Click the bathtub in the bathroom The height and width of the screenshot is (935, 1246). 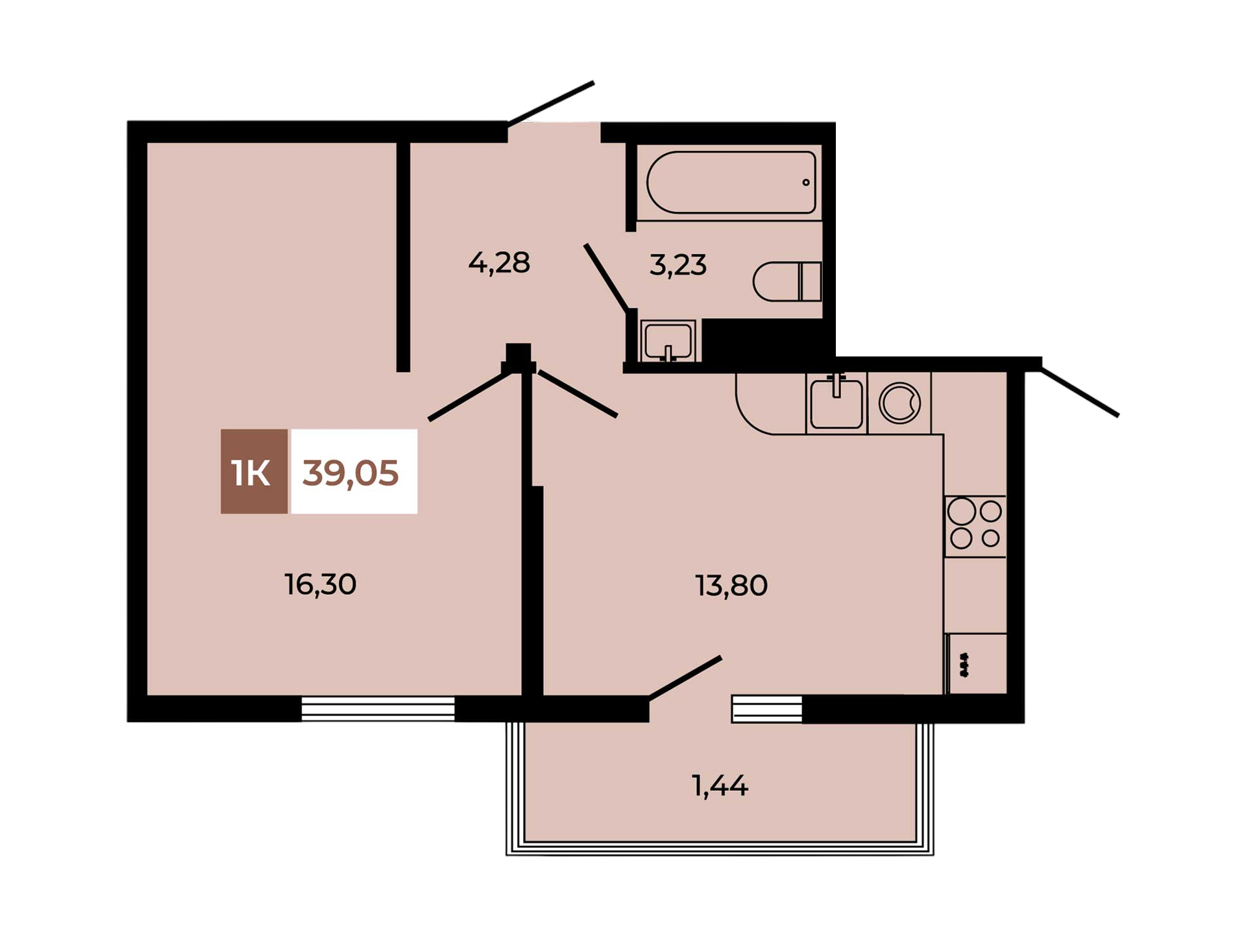tap(730, 182)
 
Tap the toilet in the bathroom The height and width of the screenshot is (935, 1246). tap(787, 281)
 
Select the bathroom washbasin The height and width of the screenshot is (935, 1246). tap(668, 340)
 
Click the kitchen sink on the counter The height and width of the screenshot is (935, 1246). tap(837, 403)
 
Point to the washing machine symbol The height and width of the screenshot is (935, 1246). tap(899, 403)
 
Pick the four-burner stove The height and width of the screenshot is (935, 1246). tap(975, 526)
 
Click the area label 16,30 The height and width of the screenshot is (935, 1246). tap(321, 585)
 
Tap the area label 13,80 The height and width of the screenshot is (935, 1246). tap(731, 586)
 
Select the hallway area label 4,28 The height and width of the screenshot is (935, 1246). tap(499, 263)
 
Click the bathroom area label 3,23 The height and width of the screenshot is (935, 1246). tap(678, 266)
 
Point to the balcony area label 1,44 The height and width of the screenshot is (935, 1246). tap(720, 786)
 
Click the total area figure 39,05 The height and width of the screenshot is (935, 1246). tap(350, 473)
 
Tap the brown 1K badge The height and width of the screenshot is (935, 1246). tap(254, 471)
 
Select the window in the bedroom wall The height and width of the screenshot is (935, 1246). tap(378, 708)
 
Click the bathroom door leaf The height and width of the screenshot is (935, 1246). tap(606, 277)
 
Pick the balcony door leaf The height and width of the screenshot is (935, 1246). tap(685, 678)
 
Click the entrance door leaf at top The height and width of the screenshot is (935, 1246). tap(551, 103)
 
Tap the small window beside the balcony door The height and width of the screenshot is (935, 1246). tap(767, 709)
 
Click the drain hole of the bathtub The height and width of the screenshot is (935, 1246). tap(806, 182)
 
